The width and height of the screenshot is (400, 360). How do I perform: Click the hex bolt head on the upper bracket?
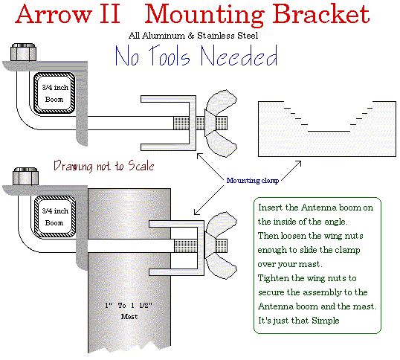22,54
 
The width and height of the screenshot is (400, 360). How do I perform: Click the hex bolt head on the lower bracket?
22,178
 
